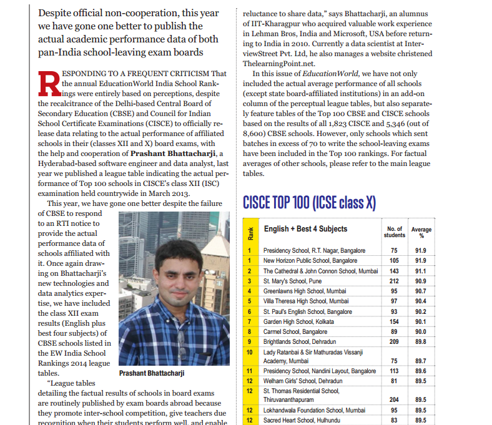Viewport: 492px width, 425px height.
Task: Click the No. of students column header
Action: coord(394,232)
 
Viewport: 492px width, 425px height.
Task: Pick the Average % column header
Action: coord(421,232)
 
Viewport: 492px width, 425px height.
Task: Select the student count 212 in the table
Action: coord(394,281)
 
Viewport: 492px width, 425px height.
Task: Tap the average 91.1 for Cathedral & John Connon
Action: coord(421,271)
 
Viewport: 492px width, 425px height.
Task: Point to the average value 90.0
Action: coord(421,331)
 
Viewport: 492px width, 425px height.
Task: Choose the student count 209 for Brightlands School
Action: coord(394,341)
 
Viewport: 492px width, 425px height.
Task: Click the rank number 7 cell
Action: coord(250,321)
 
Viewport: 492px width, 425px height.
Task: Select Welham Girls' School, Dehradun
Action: coord(303,381)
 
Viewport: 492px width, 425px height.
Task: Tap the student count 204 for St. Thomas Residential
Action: coord(394,399)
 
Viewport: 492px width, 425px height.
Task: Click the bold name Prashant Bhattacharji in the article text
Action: coord(174,154)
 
